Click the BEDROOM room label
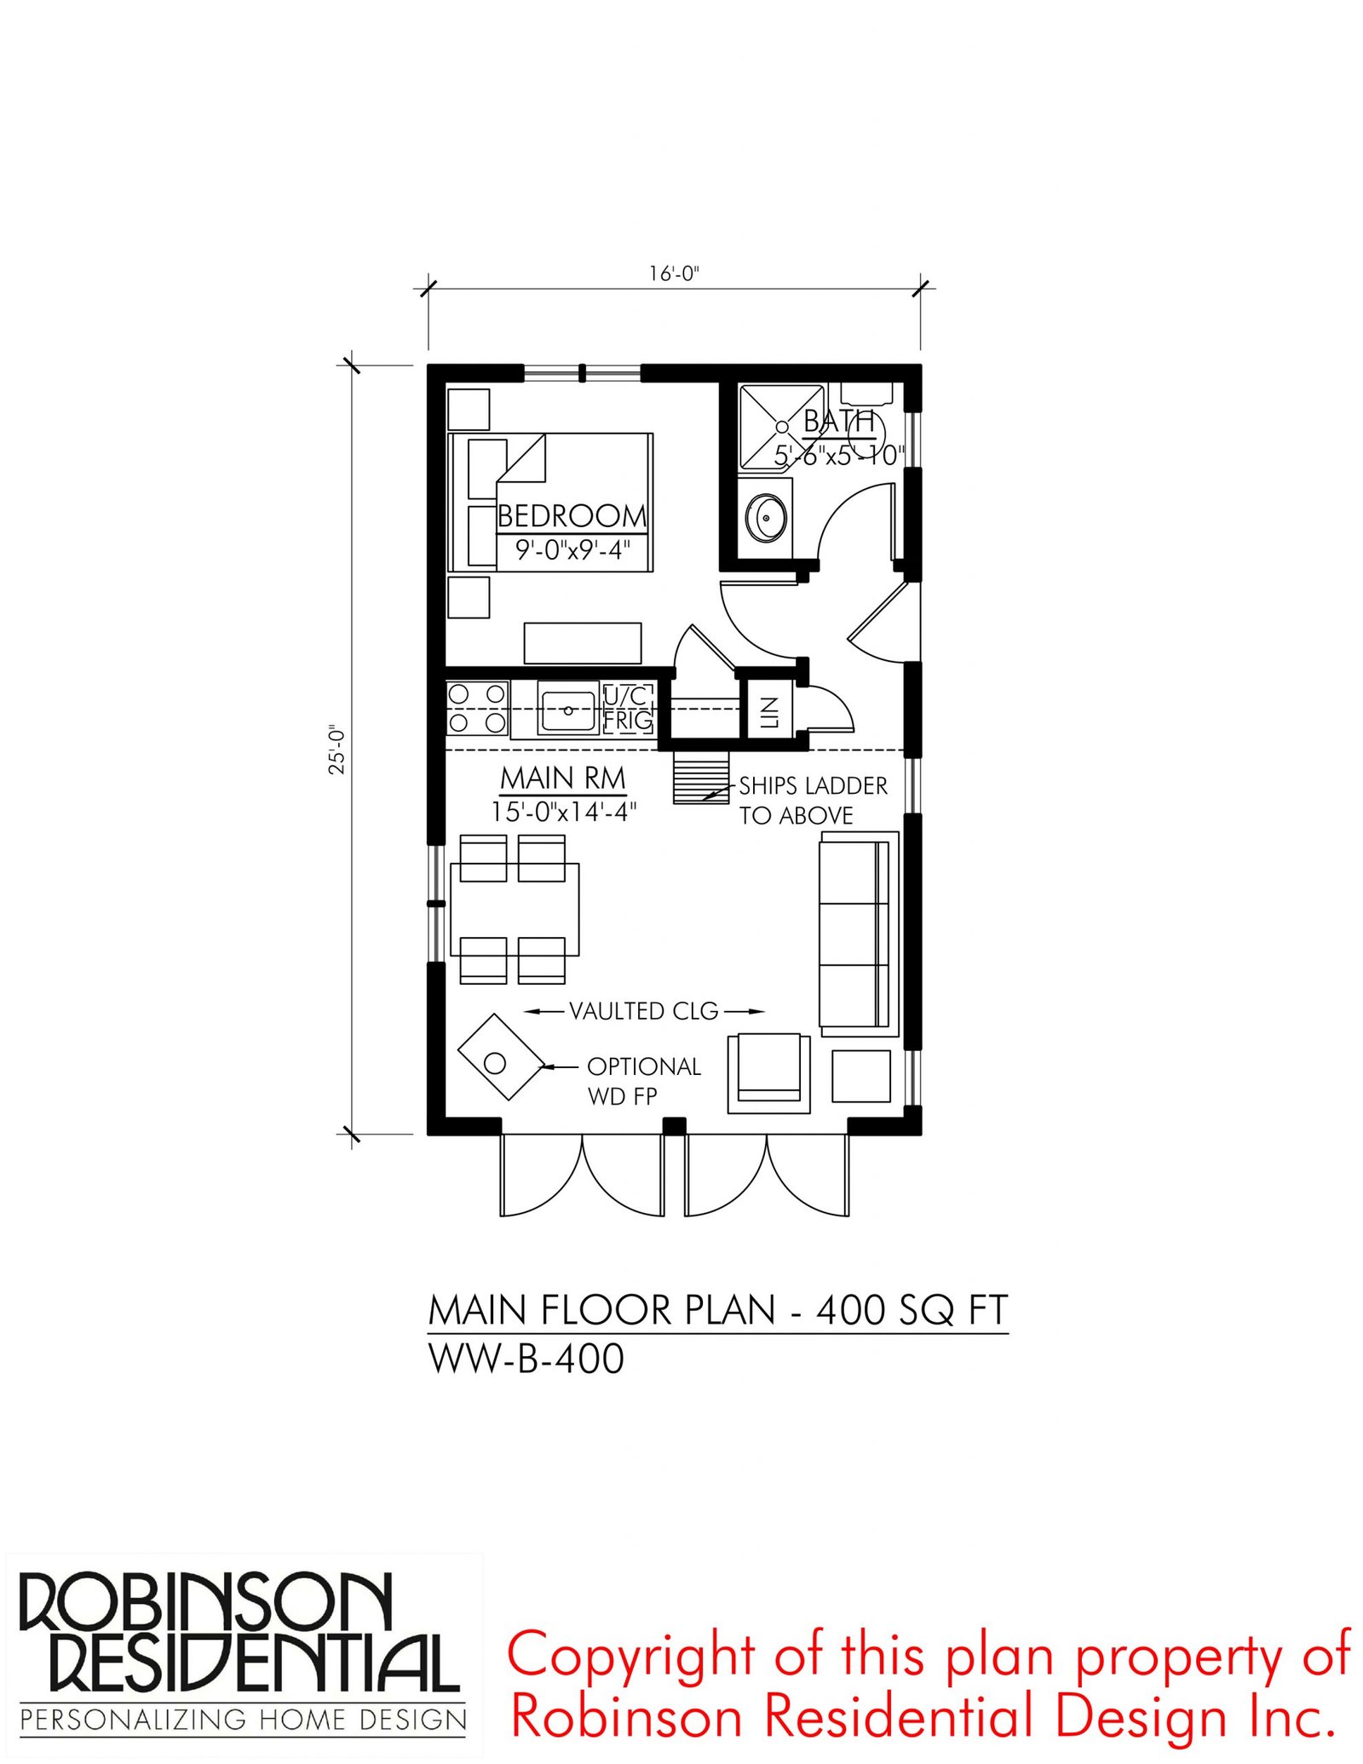click(x=572, y=516)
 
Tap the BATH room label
click(x=838, y=422)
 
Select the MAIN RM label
click(x=562, y=779)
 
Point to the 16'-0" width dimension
click(x=674, y=273)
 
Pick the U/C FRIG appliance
click(x=628, y=709)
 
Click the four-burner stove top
click(x=477, y=709)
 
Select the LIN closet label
click(x=769, y=711)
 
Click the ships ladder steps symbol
click(x=701, y=776)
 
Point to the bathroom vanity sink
click(x=766, y=518)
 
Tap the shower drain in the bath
click(x=781, y=427)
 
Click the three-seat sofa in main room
click(x=859, y=934)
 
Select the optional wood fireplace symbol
click(x=501, y=1057)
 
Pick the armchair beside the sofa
click(x=768, y=1072)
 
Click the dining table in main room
click(x=515, y=909)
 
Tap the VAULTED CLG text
click(x=644, y=1011)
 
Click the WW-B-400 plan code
click(x=526, y=1358)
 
